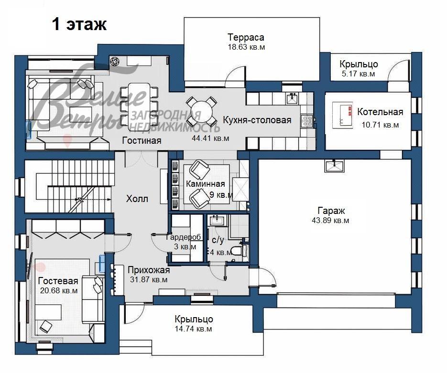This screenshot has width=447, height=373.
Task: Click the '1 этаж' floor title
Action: click(79, 24)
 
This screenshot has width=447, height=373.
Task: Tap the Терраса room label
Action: click(246, 37)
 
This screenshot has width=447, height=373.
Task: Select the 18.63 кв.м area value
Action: click(246, 47)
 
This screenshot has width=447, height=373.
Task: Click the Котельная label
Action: click(380, 112)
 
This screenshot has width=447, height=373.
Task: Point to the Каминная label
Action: click(206, 184)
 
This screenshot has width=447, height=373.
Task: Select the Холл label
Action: click(137, 199)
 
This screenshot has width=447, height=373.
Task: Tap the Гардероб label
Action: click(184, 237)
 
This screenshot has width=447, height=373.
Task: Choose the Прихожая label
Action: click(148, 270)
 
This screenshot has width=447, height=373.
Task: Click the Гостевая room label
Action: click(58, 280)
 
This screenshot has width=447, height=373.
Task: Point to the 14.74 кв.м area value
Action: click(194, 329)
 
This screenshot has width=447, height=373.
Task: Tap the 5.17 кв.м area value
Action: click(358, 74)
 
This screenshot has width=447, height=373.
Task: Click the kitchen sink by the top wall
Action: click(291, 99)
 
